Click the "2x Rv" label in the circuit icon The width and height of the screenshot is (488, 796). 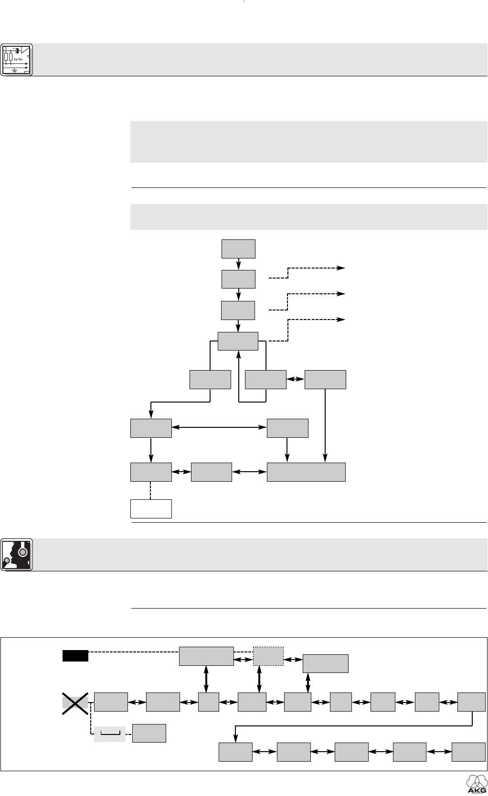[18, 59]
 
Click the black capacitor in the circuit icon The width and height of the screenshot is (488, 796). [17, 51]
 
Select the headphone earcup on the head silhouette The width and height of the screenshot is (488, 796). [22, 553]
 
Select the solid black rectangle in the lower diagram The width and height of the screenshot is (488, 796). [75, 656]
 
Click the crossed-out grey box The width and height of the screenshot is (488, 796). [75, 702]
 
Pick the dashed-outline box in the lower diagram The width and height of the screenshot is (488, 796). [268, 656]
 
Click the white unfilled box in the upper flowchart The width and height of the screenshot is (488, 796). [151, 508]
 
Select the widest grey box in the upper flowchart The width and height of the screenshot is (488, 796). [306, 472]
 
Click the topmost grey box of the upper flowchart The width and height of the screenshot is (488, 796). [238, 248]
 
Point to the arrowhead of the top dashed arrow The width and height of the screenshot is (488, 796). [342, 268]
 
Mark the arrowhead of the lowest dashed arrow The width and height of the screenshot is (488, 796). [342, 319]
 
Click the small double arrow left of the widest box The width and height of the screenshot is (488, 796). [249, 472]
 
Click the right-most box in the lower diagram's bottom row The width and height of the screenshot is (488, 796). [468, 752]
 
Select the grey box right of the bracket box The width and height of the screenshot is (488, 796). [149, 733]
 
